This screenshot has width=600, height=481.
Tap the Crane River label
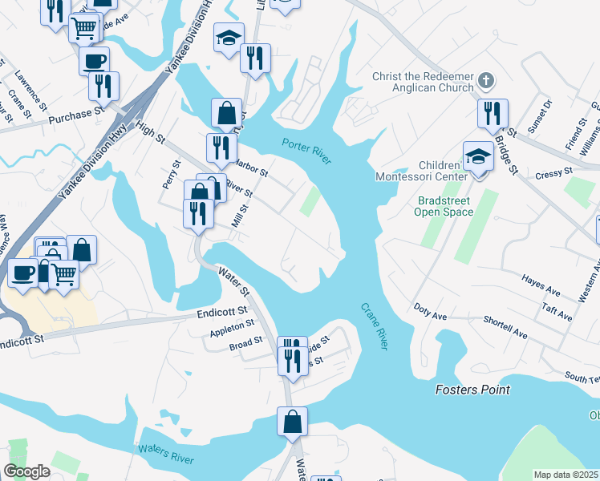pos(374,325)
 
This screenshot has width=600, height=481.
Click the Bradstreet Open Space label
pos(444,206)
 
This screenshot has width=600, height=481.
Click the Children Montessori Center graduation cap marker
pos(478,156)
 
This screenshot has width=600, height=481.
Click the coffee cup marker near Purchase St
pos(94,60)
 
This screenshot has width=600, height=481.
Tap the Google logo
pos(26,471)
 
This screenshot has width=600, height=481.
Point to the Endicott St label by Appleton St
pos(221,313)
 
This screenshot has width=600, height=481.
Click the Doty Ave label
pos(430,311)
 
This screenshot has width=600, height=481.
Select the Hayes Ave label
pos(540,285)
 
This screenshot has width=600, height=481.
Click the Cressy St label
pos(553,172)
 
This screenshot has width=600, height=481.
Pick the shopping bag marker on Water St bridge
pos(292,421)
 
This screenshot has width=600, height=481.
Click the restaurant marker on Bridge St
pos(492,113)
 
